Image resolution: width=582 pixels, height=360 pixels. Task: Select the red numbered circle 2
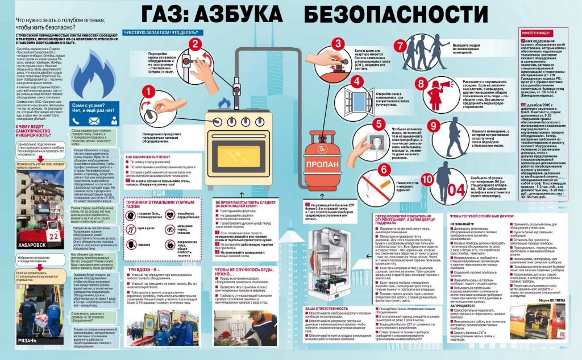click(195, 44)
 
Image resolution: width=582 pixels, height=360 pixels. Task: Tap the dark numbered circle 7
click(401, 47)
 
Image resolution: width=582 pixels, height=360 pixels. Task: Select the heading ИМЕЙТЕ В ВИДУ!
click(538, 35)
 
